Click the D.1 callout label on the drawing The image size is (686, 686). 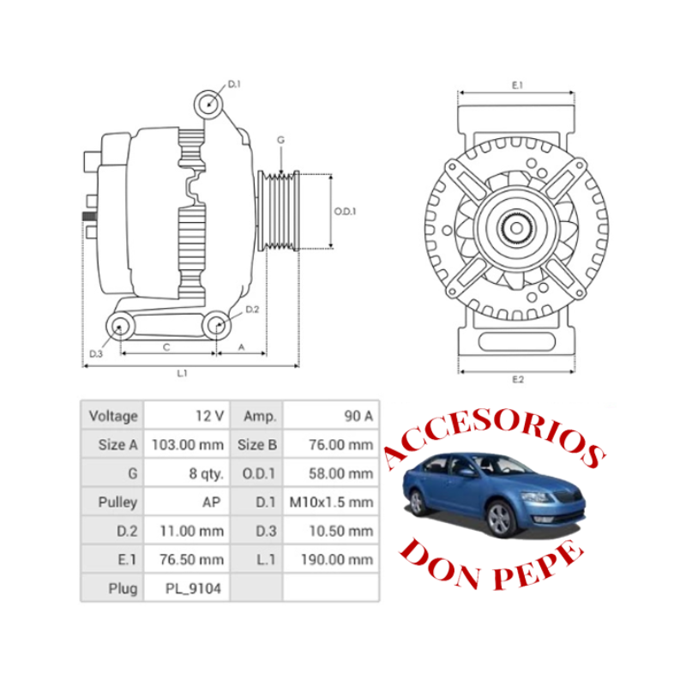click(x=234, y=84)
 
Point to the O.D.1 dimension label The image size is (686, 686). click(x=346, y=211)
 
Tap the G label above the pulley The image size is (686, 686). click(x=281, y=140)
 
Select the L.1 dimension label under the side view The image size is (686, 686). click(x=182, y=373)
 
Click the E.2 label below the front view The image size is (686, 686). click(x=518, y=379)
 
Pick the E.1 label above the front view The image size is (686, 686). click(x=518, y=85)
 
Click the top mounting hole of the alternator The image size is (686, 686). click(x=208, y=104)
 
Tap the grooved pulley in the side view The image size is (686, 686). click(x=279, y=211)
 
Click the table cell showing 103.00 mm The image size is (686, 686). click(x=188, y=445)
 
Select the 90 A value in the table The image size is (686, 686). click(x=358, y=416)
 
